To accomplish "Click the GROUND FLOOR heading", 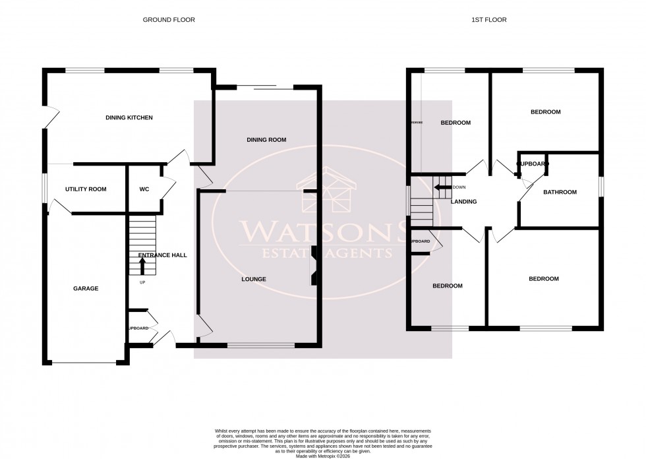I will tap(169, 20).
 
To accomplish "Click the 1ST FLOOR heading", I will tap(488, 20).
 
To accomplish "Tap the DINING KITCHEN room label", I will tap(129, 118).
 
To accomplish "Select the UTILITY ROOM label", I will tap(86, 189).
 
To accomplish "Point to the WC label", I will tap(144, 189).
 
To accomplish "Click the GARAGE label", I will tap(86, 288).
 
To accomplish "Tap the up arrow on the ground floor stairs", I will tap(142, 266).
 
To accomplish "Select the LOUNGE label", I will tap(254, 279).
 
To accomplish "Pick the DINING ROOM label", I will tap(266, 140).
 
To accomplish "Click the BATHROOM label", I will tap(560, 193).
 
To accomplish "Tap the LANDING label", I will tap(463, 202).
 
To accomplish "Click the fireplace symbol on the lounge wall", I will tap(315, 266).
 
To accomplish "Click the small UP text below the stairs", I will tap(142, 283).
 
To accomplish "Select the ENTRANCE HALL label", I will tap(158, 255).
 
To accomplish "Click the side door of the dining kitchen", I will tap(45, 118).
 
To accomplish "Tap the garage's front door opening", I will tap(84, 362).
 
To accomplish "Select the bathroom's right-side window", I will tap(601, 186).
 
